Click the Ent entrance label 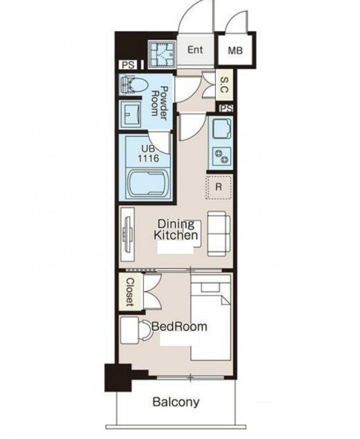195,50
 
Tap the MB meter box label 235,51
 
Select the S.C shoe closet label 224,85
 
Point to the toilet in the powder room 134,84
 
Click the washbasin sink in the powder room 130,115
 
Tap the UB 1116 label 148,154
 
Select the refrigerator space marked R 219,187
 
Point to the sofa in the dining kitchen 219,234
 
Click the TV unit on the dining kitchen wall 127,235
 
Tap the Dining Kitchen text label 176,230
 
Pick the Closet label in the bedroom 130,292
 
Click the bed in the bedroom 211,317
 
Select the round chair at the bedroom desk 145,331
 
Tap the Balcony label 176,403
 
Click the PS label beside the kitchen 226,108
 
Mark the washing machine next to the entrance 162,55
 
